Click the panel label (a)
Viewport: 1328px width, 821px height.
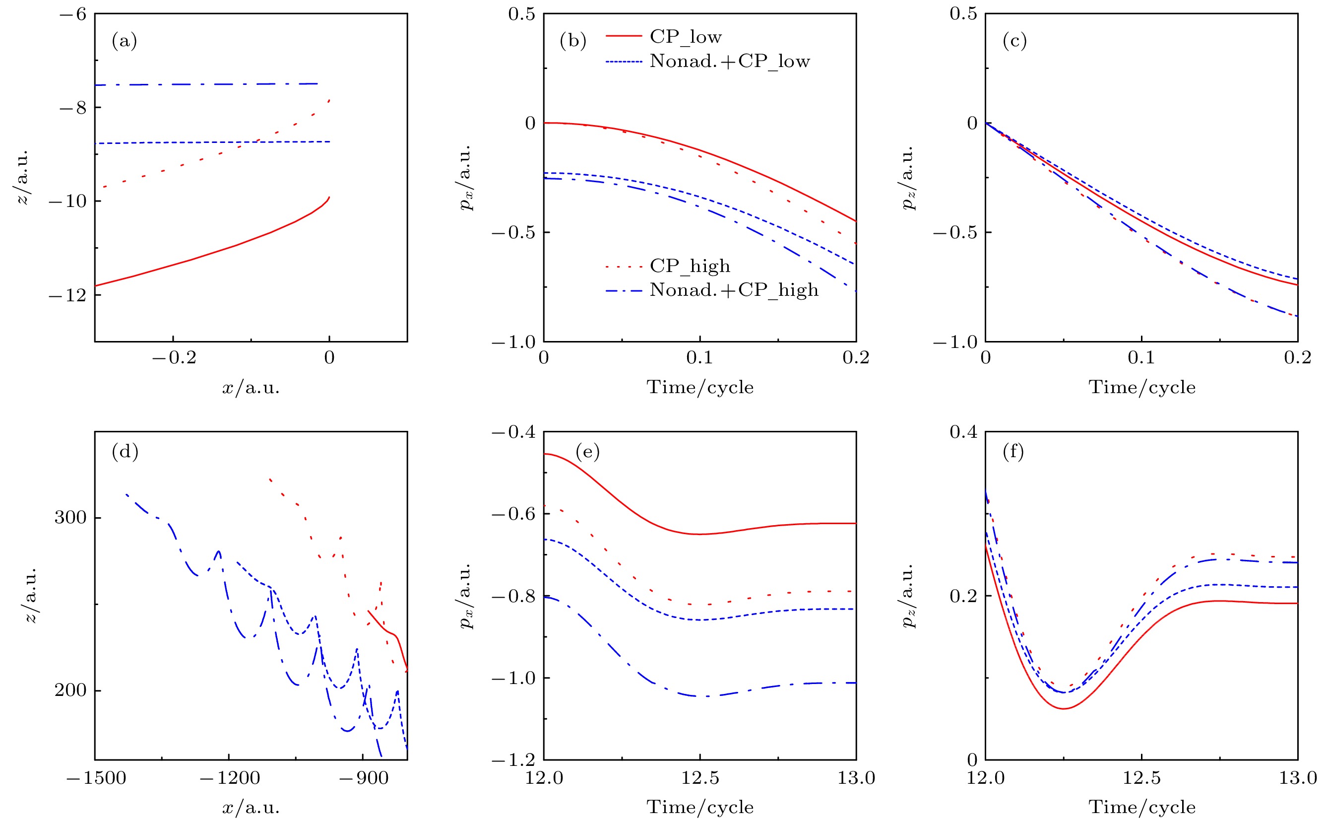pos(125,41)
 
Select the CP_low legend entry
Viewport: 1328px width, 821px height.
pos(686,37)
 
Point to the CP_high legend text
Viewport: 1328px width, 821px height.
pos(690,266)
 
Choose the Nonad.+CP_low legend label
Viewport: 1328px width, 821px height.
pos(729,61)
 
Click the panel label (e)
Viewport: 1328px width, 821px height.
pos(587,451)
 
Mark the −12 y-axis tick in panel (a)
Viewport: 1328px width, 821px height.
pos(68,295)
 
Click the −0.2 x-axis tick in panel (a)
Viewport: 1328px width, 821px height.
pos(174,357)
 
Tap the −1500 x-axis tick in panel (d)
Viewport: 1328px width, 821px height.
pos(96,778)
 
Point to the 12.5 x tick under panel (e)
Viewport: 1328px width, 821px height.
pos(700,778)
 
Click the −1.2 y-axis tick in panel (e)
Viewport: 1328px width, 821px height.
pos(513,759)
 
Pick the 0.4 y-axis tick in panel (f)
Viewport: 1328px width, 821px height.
pos(963,432)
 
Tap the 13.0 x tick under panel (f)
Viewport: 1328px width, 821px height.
pos(1298,778)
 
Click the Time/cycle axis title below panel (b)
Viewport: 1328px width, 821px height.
pos(700,387)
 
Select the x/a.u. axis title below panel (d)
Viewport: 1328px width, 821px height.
pos(251,808)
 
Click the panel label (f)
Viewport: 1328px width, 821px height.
pos(1013,451)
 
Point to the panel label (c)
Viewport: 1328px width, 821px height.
pos(1014,41)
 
